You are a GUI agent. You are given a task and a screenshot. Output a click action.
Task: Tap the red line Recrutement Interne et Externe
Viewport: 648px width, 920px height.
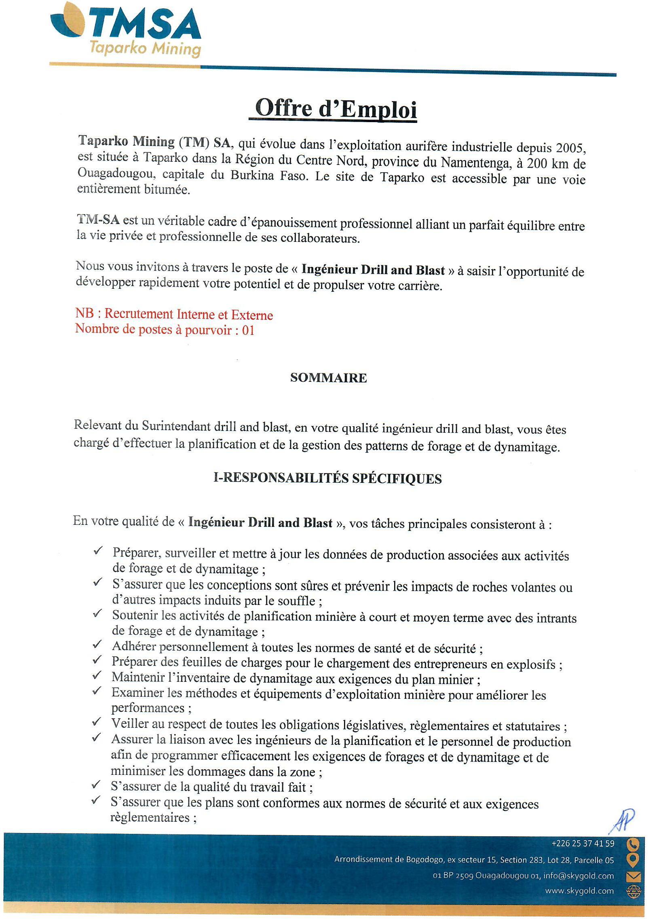coord(188,315)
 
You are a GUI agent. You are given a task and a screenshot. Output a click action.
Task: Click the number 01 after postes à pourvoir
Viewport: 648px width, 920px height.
coord(248,330)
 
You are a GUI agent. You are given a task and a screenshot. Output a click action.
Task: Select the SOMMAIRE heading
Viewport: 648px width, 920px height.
coord(328,378)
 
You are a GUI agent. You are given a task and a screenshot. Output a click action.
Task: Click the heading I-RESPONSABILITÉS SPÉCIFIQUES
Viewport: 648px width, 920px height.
coord(327,478)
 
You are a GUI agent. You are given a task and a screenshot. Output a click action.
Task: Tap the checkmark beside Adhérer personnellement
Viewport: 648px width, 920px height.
coord(97,645)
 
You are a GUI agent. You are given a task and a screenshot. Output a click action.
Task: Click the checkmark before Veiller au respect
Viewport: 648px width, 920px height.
coord(97,721)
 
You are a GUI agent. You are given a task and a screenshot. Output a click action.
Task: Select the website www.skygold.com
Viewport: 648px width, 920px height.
coord(579,891)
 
